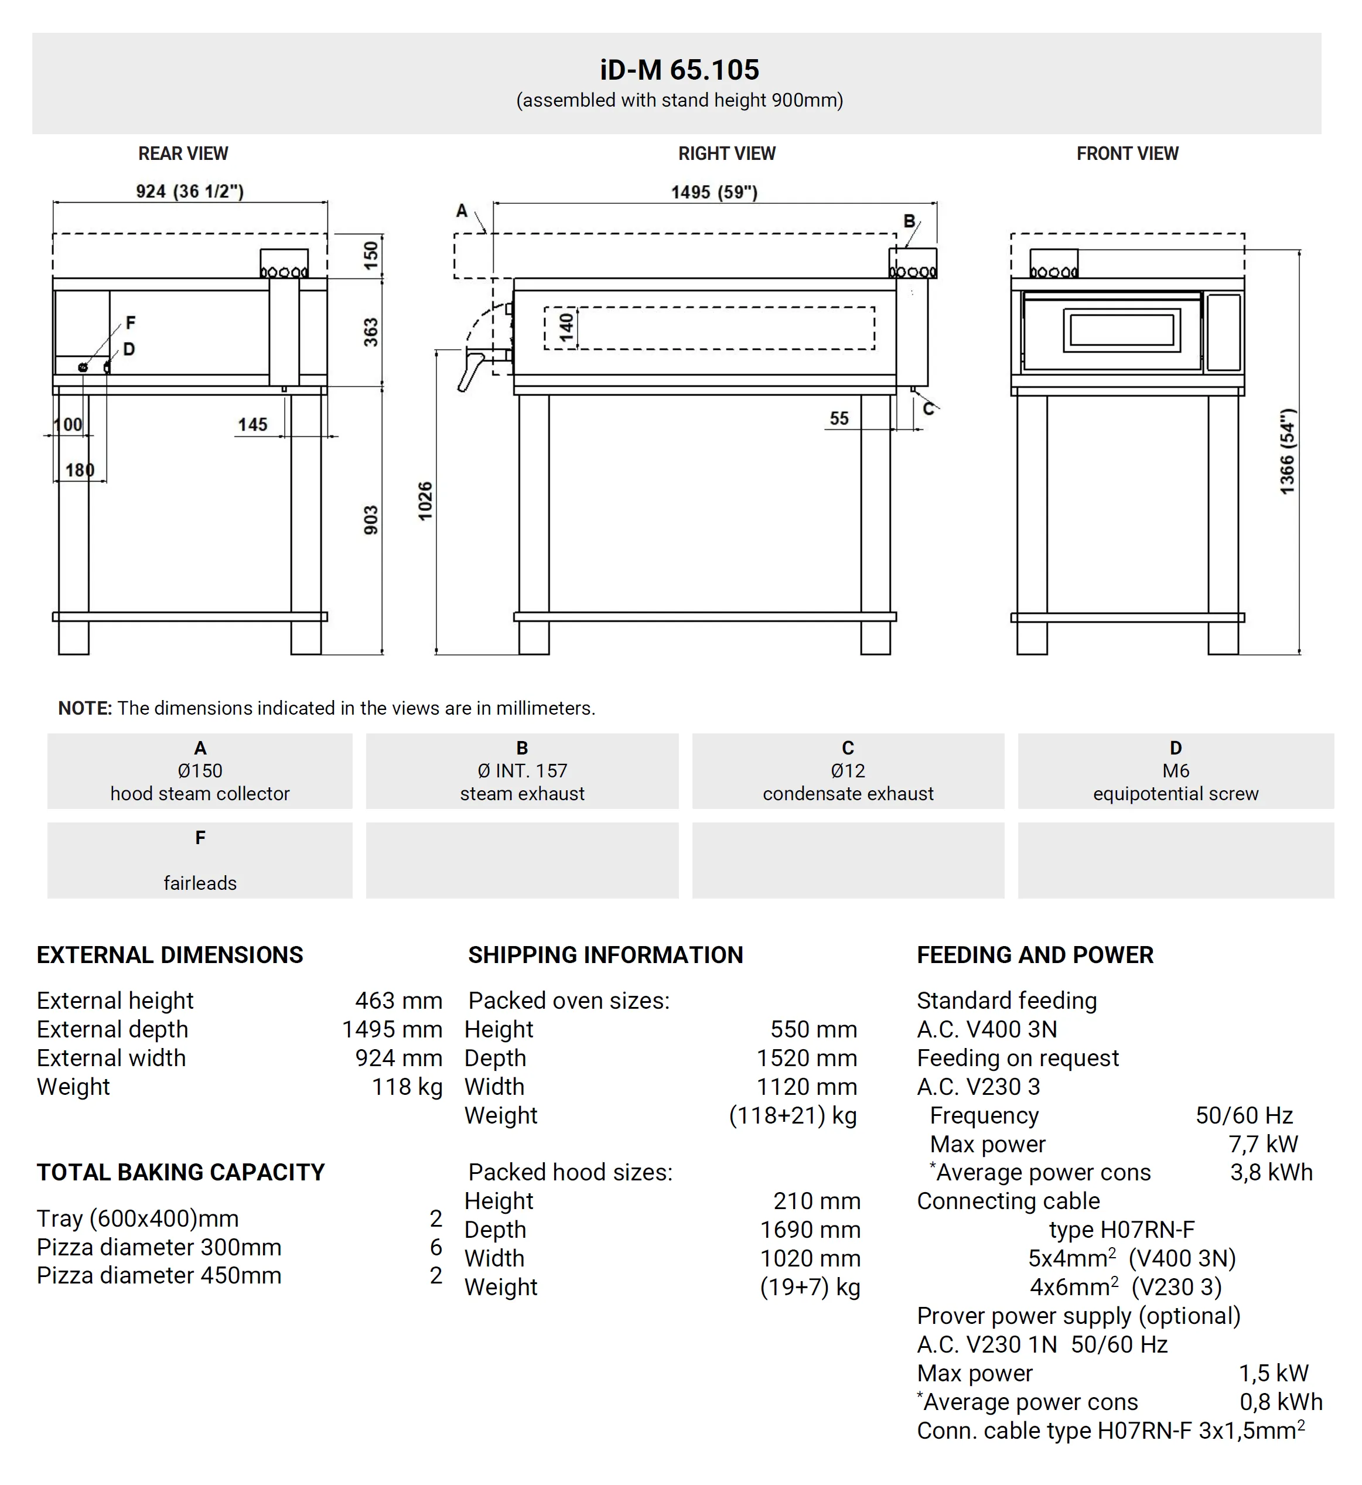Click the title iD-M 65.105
click(x=679, y=70)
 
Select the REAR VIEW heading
click(x=183, y=153)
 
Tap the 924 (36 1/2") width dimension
click(x=189, y=192)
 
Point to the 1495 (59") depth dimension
click(x=714, y=192)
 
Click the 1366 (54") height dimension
click(x=1287, y=451)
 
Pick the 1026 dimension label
click(x=425, y=501)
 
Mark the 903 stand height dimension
click(x=371, y=520)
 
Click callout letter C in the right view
click(x=928, y=408)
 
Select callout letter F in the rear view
click(x=131, y=323)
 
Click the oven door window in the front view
click(x=1121, y=329)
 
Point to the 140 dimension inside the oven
click(x=566, y=327)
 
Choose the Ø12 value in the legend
click(x=848, y=771)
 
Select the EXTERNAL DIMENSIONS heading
click(x=169, y=955)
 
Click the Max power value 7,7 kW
click(x=1262, y=1144)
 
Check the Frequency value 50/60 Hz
click(x=1244, y=1116)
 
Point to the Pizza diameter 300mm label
click(x=159, y=1247)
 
